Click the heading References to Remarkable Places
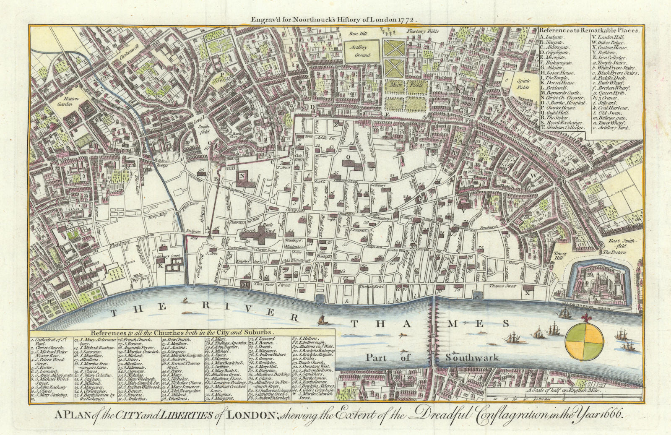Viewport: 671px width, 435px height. pyautogui.click(x=589, y=30)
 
